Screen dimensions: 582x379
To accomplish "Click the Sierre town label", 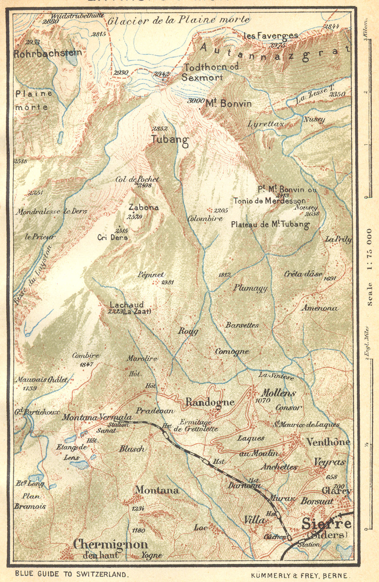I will (327, 524).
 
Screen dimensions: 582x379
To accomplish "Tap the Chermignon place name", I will (110, 545).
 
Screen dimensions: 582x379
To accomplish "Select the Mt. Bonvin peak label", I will (228, 104).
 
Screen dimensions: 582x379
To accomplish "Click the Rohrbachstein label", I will (48, 53).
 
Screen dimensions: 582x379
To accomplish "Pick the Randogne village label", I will (210, 402).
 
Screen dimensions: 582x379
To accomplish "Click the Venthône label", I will (328, 442).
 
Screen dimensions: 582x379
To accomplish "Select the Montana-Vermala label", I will (96, 417).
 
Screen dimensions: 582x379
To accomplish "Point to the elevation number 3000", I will (195, 101).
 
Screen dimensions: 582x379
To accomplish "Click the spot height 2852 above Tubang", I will (160, 128).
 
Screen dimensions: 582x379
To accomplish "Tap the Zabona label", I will (143, 207).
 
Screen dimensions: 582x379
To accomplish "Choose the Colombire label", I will (205, 219).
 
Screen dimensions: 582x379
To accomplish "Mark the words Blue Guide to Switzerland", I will (72, 574).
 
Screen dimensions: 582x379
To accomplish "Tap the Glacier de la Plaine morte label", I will (178, 20).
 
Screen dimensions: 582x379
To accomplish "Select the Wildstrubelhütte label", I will (77, 16).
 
